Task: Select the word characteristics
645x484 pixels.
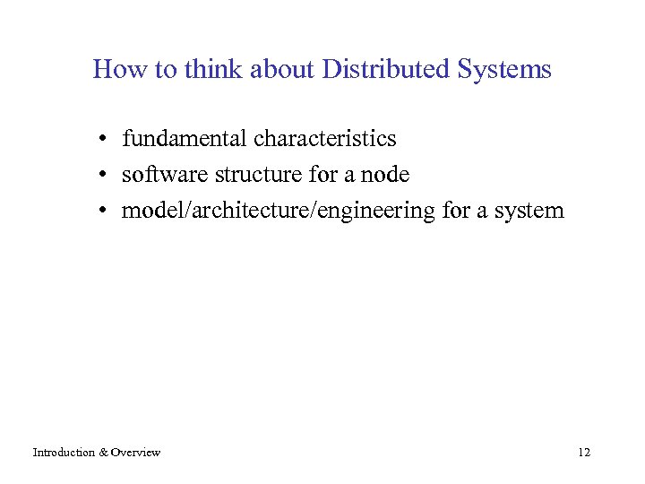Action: pos(324,139)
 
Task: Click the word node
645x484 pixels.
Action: pos(385,175)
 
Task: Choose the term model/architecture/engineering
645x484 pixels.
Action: pos(279,212)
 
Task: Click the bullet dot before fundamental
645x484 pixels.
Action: pos(105,140)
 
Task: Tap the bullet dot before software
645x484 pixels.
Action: pos(105,176)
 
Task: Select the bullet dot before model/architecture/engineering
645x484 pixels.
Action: pos(105,212)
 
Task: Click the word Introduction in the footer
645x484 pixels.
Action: pos(64,453)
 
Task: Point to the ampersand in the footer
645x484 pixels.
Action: pos(103,453)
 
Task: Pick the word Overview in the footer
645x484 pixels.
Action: pos(135,453)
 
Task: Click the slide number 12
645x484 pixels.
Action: pos(584,453)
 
